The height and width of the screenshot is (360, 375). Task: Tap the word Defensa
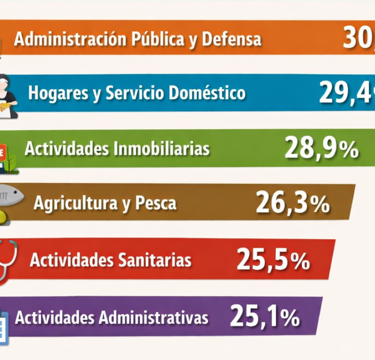(x=232, y=39)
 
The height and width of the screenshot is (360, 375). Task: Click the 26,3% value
(x=292, y=203)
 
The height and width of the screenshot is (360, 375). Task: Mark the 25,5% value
(x=273, y=260)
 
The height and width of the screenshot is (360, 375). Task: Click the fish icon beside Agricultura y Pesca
(x=11, y=194)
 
